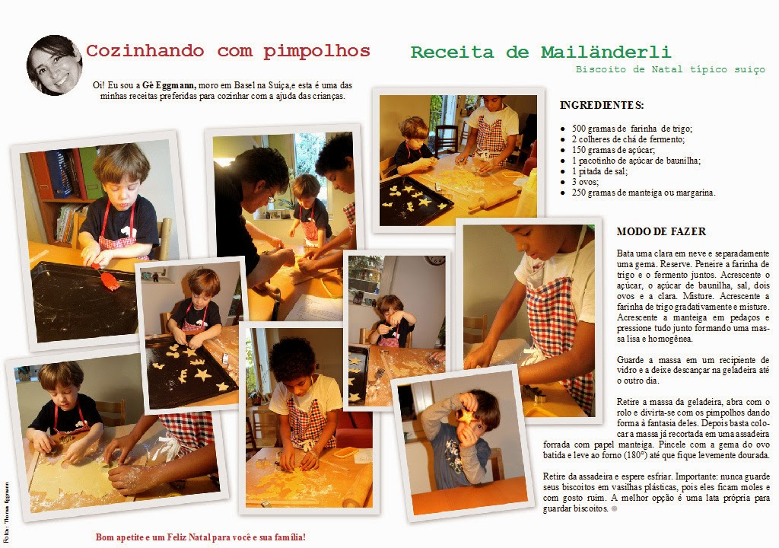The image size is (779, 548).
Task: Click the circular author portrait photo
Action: [54, 65]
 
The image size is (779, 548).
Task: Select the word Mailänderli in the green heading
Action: [606, 53]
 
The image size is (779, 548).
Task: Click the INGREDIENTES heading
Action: [602, 106]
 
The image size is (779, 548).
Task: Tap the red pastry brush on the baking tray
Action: [107, 279]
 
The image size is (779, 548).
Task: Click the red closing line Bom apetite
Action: [201, 537]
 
